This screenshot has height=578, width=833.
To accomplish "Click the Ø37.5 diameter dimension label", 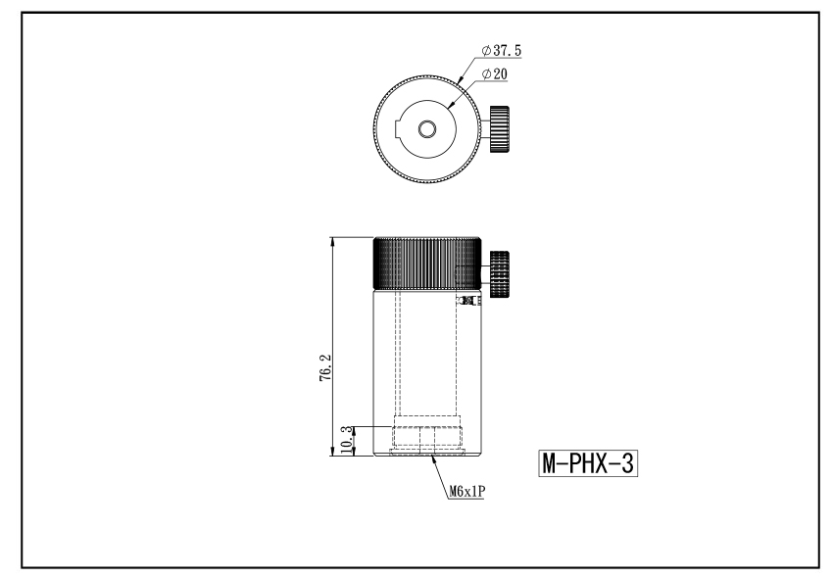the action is (502, 51).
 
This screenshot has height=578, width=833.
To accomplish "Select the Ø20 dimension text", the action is (495, 73).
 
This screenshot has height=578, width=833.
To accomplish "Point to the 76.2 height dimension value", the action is (325, 367).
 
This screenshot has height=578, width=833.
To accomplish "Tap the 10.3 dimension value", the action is (346, 439).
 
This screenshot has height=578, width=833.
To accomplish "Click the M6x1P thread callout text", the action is (467, 492).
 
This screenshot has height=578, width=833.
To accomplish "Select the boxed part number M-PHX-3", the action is (588, 463).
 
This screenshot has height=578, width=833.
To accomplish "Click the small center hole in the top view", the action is (426, 129).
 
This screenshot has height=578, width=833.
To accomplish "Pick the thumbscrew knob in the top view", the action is (500, 129).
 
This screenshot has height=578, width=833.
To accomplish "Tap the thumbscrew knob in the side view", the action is (500, 273).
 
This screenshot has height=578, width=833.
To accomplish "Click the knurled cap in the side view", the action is (427, 264).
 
